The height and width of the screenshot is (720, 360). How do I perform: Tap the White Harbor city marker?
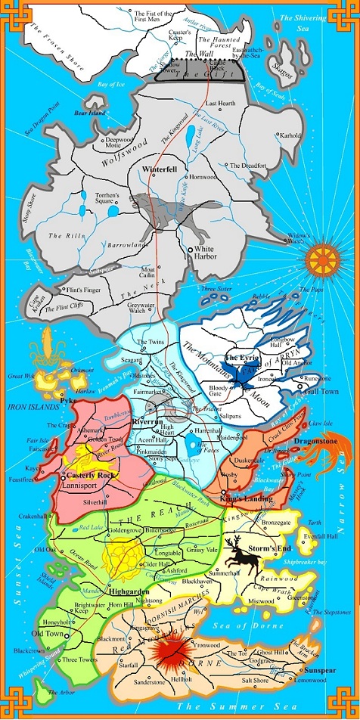click(x=189, y=249)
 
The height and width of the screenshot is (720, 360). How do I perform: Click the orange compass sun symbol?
click(x=327, y=253)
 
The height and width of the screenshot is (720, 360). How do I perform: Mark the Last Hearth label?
click(x=221, y=104)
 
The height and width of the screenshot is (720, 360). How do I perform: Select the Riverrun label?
click(x=148, y=421)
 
